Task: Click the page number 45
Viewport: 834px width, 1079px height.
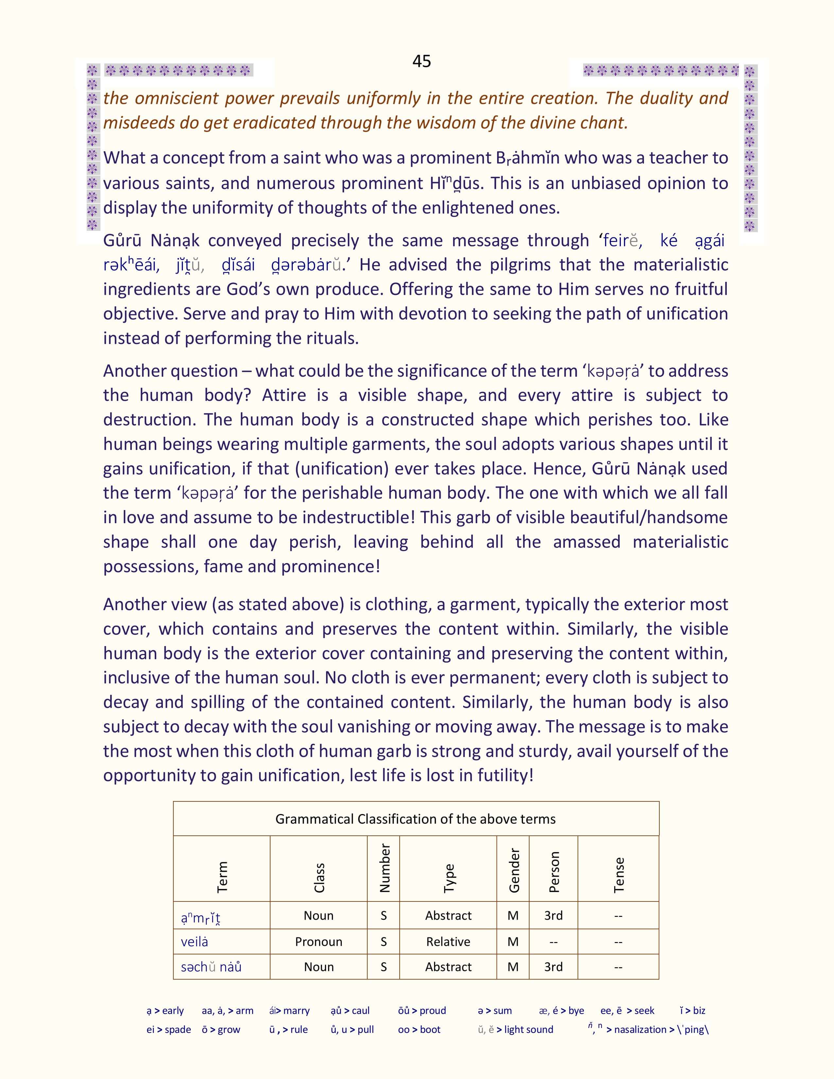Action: point(422,61)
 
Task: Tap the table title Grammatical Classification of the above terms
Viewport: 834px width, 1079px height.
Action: point(415,819)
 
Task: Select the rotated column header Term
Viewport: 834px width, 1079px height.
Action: point(222,877)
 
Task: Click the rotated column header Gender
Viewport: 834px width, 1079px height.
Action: point(514,870)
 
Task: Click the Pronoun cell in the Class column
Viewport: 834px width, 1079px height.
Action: point(319,942)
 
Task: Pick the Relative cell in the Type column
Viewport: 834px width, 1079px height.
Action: point(448,942)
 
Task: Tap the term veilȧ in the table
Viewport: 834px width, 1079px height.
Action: point(194,942)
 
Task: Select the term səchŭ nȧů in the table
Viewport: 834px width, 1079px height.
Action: point(211,967)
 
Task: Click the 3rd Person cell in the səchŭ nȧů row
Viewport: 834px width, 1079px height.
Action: point(553,967)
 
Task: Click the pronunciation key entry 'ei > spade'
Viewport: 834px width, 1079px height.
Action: point(168,1030)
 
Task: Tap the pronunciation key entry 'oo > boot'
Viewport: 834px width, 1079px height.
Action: point(419,1030)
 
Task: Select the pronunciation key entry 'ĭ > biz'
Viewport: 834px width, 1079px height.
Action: point(692,1010)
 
